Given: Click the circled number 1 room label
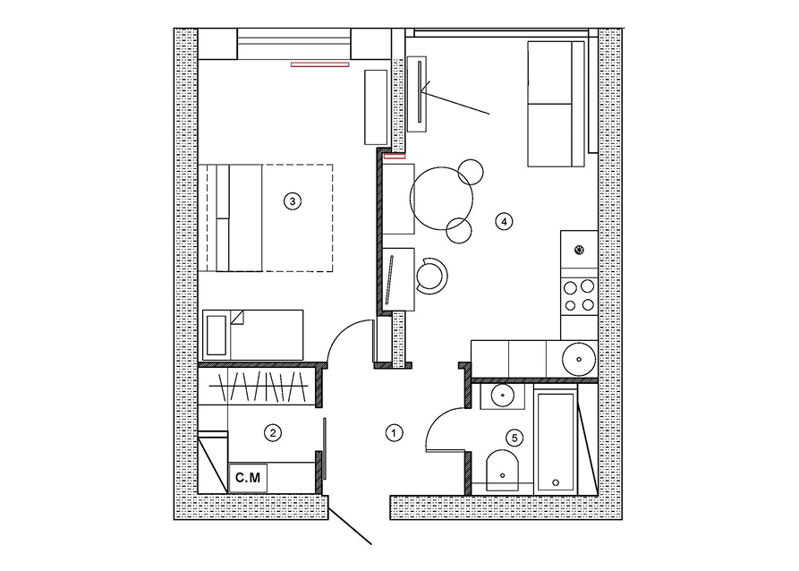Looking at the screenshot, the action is click(394, 433).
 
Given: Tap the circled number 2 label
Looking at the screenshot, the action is click(273, 433).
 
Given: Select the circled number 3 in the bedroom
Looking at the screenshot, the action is click(292, 201).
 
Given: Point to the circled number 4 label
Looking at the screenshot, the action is click(504, 221).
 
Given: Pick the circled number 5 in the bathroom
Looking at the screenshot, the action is click(514, 438).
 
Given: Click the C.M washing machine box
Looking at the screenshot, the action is click(248, 478).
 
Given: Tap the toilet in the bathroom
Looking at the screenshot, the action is click(503, 470).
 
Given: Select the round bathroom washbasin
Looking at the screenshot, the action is click(503, 395).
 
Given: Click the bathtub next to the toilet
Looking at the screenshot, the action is click(556, 441).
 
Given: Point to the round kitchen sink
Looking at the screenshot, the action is click(579, 359).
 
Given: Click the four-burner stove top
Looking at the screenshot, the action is click(579, 295).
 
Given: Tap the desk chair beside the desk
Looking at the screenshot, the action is click(431, 276).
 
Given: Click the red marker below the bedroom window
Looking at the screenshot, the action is click(320, 64).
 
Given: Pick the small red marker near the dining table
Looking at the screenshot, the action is click(395, 157).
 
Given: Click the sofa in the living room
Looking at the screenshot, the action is click(556, 104).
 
